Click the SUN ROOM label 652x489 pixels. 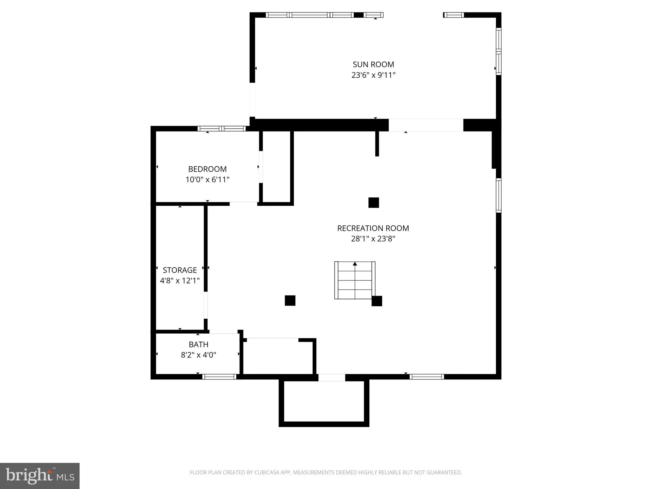tap(373, 64)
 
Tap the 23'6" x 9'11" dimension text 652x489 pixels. tap(373, 75)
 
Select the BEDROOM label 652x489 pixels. tap(207, 169)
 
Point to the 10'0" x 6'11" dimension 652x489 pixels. tap(207, 180)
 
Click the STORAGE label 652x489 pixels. tap(180, 270)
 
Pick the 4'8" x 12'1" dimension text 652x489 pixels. tap(180, 280)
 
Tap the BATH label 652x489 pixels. tap(198, 344)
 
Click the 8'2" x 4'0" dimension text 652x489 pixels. tap(198, 355)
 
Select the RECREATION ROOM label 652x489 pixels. tap(373, 228)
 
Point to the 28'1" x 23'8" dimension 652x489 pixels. tap(373, 239)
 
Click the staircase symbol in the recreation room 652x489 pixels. tap(355, 280)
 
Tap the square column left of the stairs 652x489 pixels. tap(290, 301)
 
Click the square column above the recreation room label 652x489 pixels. tap(373, 202)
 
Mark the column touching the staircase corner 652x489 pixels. tap(377, 301)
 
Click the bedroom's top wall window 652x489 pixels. tap(221, 129)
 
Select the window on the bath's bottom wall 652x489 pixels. tap(219, 377)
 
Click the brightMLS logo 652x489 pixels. tap(40, 476)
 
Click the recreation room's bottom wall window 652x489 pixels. tap(426, 377)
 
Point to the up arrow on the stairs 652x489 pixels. tap(355, 264)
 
